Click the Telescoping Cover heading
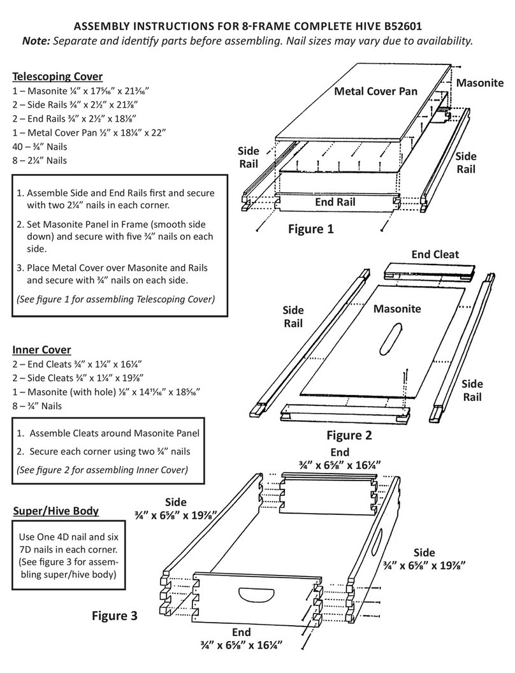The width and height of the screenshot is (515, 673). coord(57,76)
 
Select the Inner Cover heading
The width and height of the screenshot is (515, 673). coord(41,350)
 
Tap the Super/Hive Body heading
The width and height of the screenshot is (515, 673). coord(55,511)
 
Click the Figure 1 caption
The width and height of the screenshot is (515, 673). coord(310,229)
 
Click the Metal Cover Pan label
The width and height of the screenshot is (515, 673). coord(376,91)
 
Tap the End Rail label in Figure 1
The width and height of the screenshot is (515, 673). coord(335,202)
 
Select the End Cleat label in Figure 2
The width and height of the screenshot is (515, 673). coord(435,254)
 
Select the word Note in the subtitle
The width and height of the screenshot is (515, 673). coord(36,41)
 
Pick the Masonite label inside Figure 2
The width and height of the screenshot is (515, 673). coord(397,309)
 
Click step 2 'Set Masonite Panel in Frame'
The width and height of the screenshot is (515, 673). coord(115,230)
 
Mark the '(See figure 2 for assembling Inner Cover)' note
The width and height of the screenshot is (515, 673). coord(102,470)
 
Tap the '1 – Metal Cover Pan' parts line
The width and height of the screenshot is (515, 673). coord(89,133)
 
